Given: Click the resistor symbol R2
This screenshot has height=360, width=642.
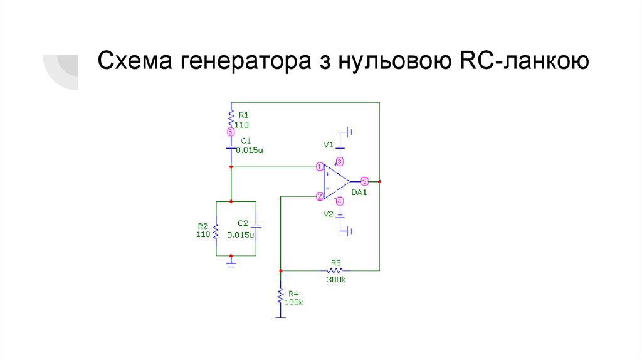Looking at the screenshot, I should pyautogui.click(x=216, y=232).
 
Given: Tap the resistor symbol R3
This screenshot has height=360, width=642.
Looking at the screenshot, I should pyautogui.click(x=335, y=270).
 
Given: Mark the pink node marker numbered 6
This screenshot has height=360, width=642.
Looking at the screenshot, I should pyautogui.click(x=231, y=132).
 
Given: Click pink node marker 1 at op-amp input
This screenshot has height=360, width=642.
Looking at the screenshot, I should pyautogui.click(x=320, y=167).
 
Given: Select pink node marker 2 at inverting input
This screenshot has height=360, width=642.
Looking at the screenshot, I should pyautogui.click(x=320, y=196).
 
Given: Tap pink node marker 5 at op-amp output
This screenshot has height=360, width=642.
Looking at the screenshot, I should pyautogui.click(x=365, y=181).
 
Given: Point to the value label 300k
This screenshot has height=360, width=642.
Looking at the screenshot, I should pyautogui.click(x=336, y=279).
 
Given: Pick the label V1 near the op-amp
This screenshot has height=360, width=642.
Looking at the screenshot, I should pyautogui.click(x=328, y=145).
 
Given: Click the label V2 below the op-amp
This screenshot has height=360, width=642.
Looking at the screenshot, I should pyautogui.click(x=328, y=214).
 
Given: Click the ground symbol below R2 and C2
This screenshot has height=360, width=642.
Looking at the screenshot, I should pyautogui.click(x=231, y=263).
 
